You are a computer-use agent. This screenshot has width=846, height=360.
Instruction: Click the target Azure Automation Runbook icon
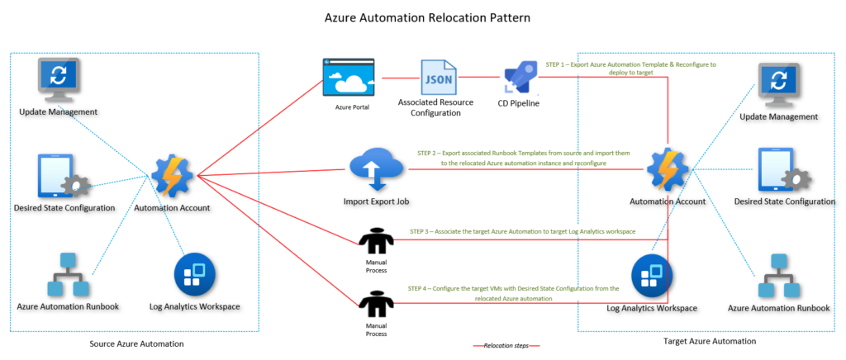coord(778,277)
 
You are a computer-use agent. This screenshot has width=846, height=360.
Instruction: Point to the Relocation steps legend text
coord(506,345)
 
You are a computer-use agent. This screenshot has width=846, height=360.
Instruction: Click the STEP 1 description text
coord(630,69)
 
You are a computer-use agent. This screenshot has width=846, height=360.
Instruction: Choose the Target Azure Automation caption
coord(710,340)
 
